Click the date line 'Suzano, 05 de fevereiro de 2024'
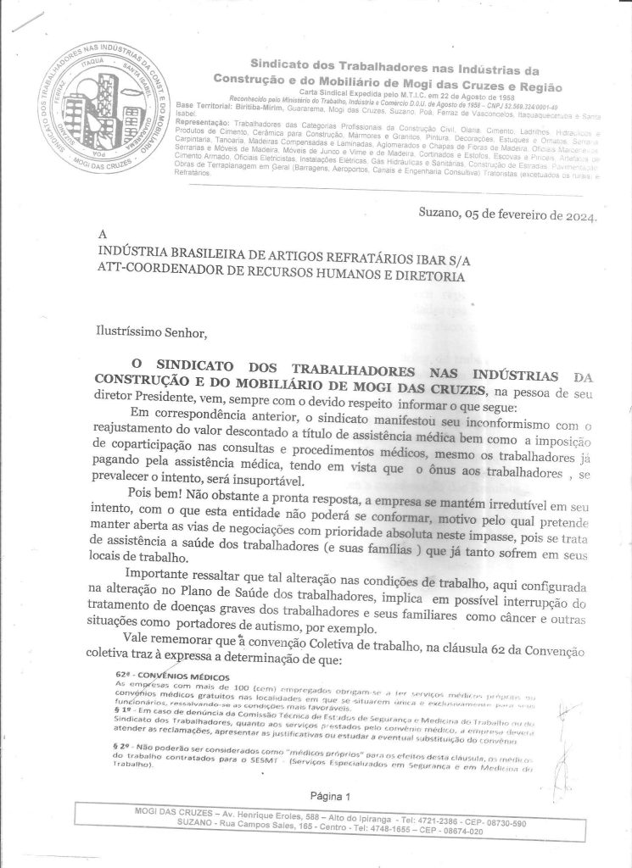point(508,214)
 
